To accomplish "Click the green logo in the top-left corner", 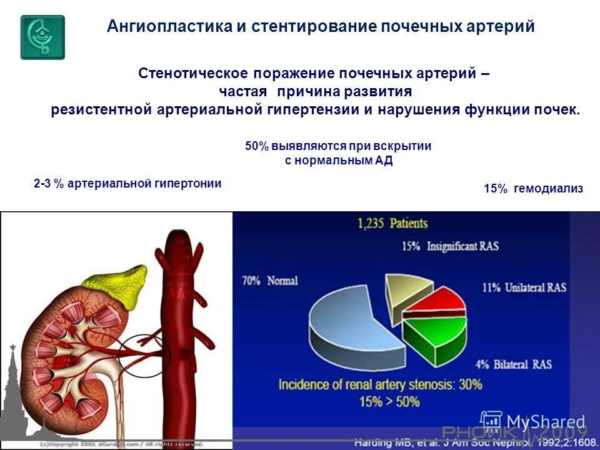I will [x=42, y=37].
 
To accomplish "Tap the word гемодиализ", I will [x=548, y=189].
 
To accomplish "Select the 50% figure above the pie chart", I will [x=256, y=146].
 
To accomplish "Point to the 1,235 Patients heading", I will [x=392, y=223].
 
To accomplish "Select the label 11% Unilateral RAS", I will [x=524, y=288].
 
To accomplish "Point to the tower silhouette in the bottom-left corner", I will [x=13, y=400].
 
